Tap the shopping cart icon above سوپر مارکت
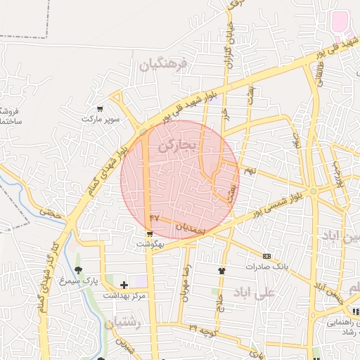(101, 109)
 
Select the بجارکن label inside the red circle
(180, 146)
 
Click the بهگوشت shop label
(150, 243)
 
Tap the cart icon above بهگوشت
(150, 233)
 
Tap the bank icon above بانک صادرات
(266, 257)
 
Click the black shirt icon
(222, 270)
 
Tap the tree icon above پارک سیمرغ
(78, 270)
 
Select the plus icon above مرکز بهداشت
(124, 285)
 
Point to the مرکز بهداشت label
(124, 295)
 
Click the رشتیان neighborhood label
(124, 323)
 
